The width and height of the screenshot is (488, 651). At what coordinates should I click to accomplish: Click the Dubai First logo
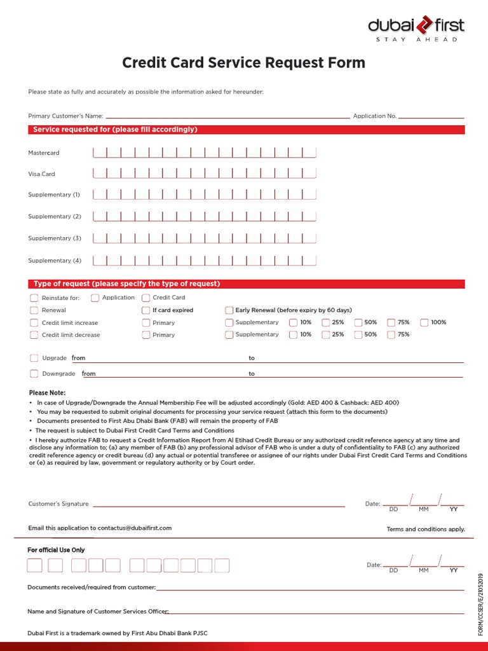point(416,28)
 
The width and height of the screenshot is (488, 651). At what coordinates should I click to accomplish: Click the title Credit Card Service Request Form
point(243,63)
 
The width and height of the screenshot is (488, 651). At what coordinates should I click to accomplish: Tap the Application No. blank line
point(431,117)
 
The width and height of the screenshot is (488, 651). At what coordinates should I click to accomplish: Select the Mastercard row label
point(44,153)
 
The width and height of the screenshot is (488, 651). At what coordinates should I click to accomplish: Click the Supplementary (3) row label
point(55,238)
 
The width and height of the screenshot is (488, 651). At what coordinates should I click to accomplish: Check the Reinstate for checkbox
point(34,298)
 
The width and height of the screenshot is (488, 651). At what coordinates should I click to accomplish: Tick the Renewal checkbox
point(34,310)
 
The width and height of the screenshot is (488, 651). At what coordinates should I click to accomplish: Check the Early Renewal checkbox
point(229,310)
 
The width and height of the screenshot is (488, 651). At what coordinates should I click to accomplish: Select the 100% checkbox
point(424,322)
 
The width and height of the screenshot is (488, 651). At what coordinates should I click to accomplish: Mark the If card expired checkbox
point(146,310)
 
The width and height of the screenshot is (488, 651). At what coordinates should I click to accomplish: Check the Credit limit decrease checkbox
point(34,335)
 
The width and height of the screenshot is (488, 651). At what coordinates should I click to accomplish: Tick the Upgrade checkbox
point(34,358)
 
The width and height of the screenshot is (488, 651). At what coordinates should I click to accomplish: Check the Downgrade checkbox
point(34,374)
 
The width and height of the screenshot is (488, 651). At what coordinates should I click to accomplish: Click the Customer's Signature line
point(219,505)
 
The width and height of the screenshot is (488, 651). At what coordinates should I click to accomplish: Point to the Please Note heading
point(47,393)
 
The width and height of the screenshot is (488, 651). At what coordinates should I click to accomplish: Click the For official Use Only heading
point(56,550)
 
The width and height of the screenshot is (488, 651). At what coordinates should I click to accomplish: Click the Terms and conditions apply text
point(426,529)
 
